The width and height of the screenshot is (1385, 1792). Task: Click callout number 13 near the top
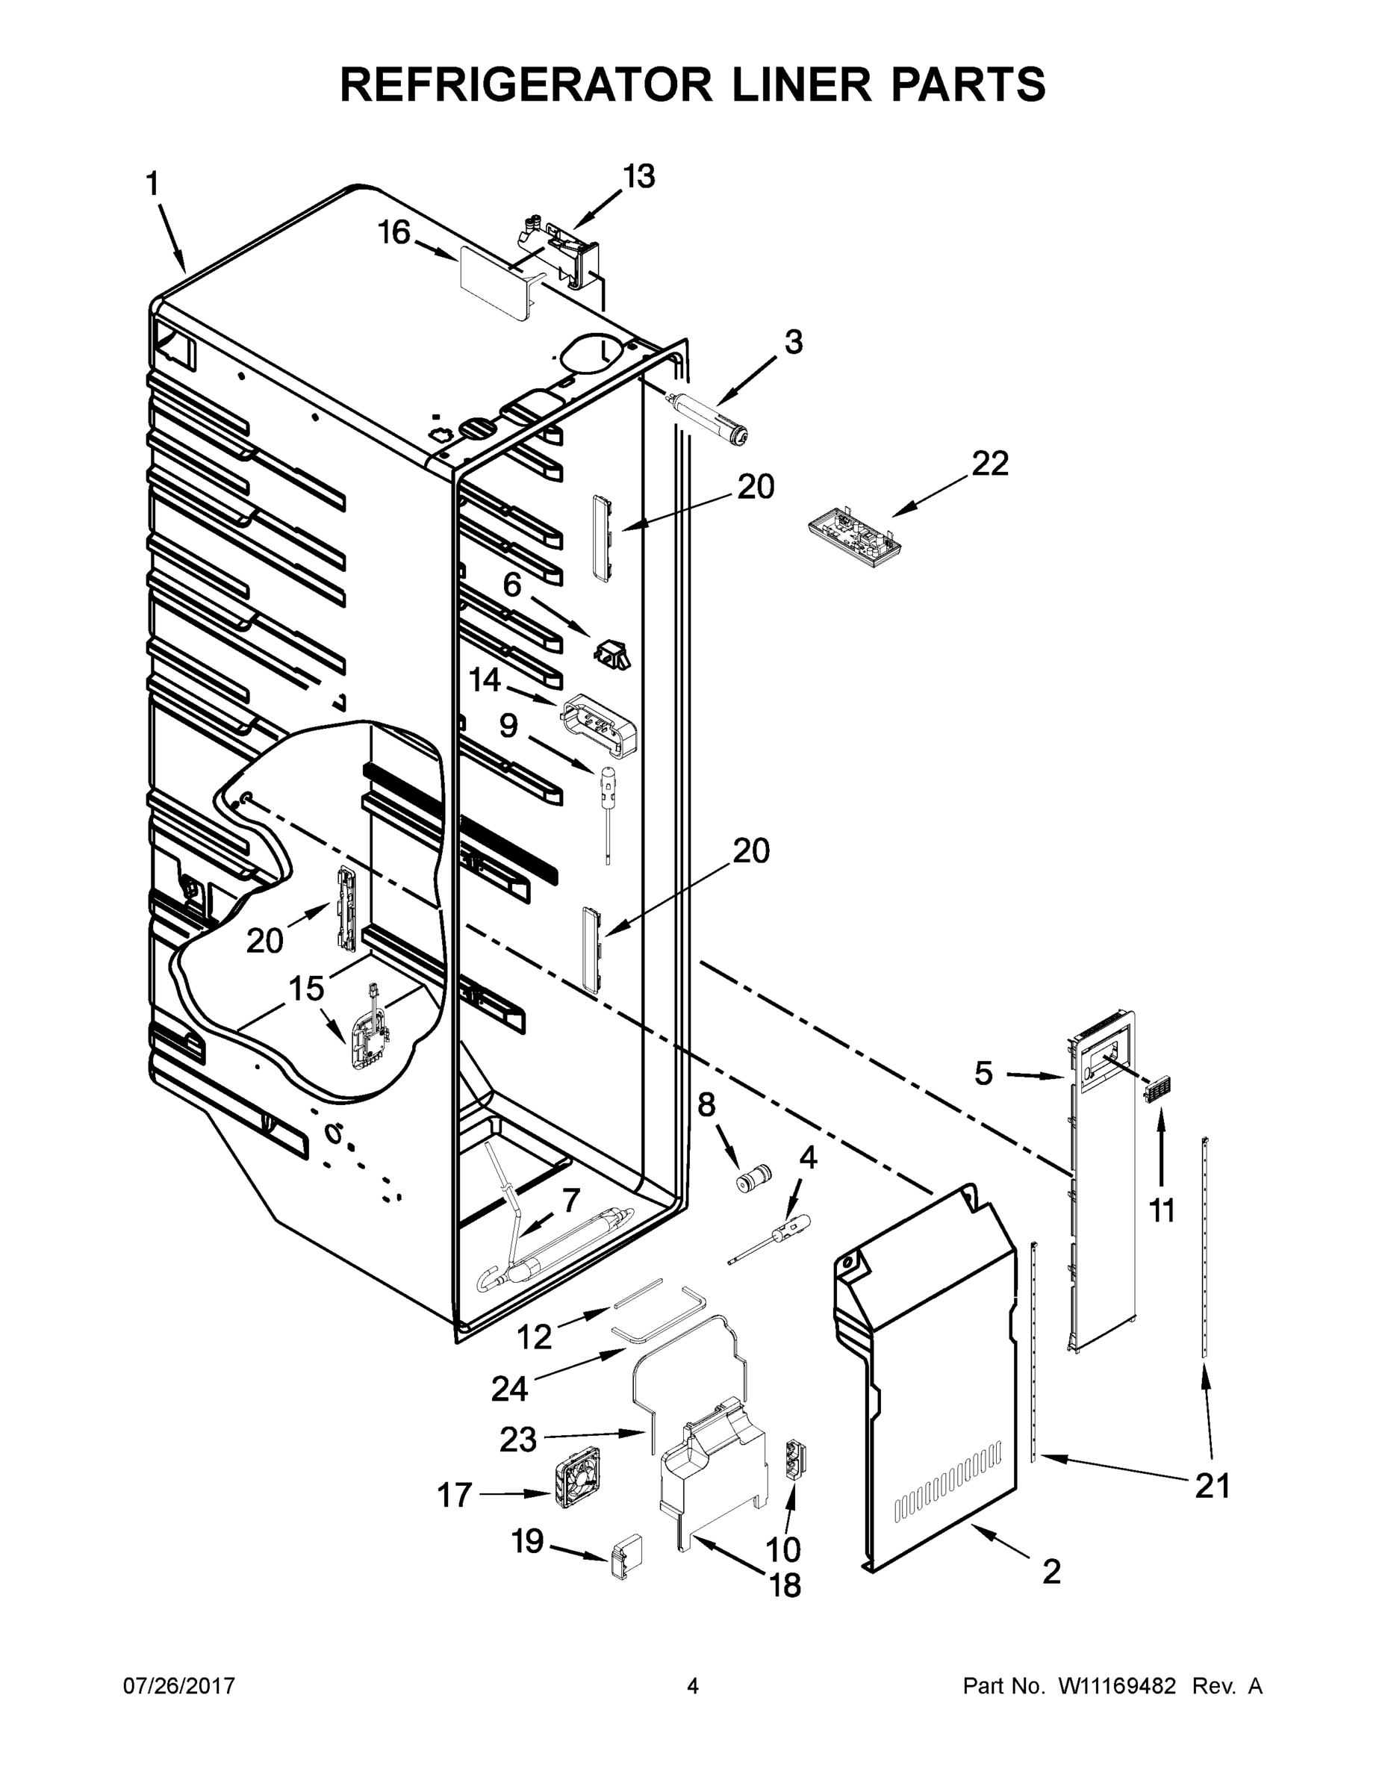coord(638,176)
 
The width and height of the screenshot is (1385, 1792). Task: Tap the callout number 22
coord(989,464)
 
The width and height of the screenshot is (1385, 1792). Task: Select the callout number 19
coord(528,1542)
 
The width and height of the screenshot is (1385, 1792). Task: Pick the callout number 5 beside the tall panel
coord(984,1072)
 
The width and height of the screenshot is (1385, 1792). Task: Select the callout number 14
coord(485,679)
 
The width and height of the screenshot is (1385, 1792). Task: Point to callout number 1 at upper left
coord(152,184)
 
